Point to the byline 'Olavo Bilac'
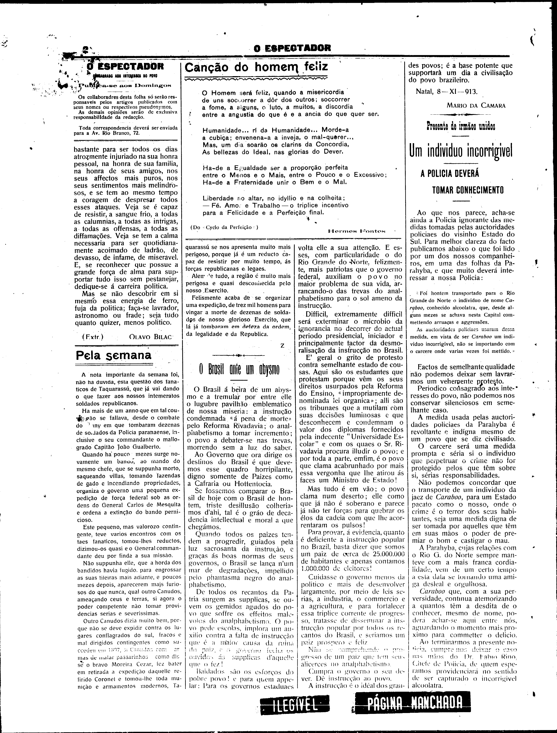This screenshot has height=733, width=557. (151, 337)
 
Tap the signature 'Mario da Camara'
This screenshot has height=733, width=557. (476, 106)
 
